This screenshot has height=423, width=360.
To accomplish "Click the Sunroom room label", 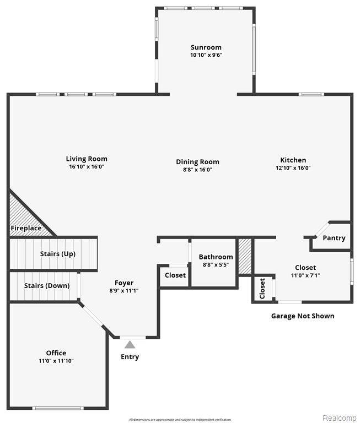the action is [x=206, y=47].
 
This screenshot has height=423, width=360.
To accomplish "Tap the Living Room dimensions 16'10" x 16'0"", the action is [x=87, y=167].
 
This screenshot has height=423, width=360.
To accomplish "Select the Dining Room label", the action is [x=198, y=162].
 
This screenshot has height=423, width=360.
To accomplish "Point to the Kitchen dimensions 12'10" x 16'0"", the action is [x=293, y=168].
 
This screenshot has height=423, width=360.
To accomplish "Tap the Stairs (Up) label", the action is [x=58, y=254].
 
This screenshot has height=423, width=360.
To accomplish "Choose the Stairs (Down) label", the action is [x=47, y=286].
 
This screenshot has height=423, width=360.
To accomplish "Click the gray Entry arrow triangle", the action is [x=130, y=344].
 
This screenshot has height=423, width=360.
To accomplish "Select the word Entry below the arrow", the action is [x=130, y=357].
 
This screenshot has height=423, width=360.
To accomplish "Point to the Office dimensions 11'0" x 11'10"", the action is [x=56, y=361].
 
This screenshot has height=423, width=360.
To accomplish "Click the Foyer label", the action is [x=124, y=283].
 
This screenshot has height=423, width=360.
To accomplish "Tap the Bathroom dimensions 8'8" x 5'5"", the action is [x=216, y=264].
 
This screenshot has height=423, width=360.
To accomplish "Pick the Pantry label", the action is [x=334, y=238].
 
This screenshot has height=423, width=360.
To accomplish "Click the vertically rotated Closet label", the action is [x=262, y=289].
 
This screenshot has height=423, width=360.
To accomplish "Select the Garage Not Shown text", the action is [x=303, y=316].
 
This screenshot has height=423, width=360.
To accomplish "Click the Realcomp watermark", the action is [x=340, y=418].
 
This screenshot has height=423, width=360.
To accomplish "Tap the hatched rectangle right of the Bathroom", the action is [x=245, y=256].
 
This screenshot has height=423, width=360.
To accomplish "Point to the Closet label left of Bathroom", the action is [x=175, y=275].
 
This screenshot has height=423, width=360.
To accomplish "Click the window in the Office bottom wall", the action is [x=58, y=408].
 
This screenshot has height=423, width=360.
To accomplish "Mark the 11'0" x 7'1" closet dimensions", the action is [x=305, y=275].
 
